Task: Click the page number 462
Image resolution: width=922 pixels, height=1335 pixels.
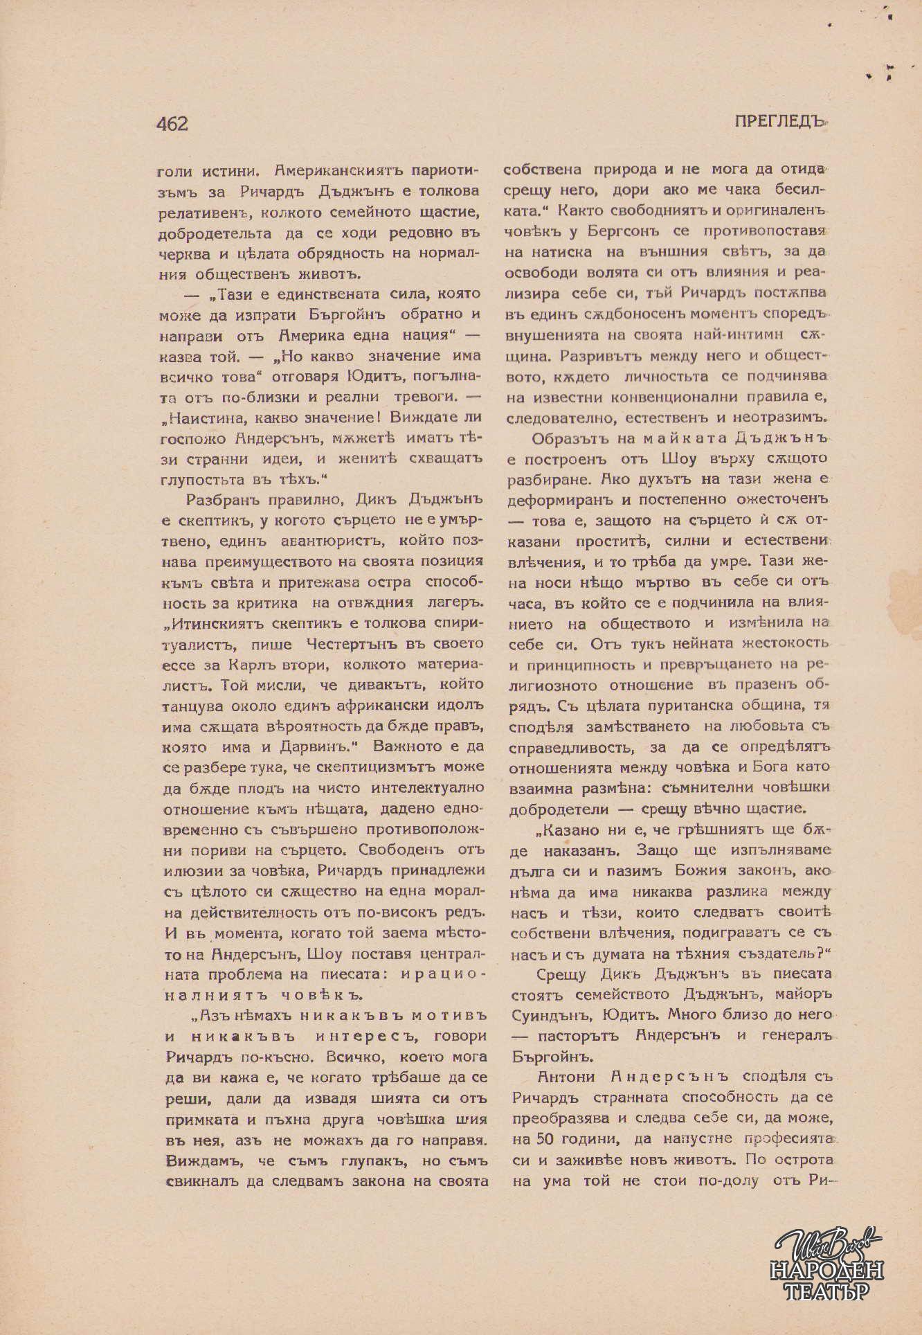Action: coord(172,123)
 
